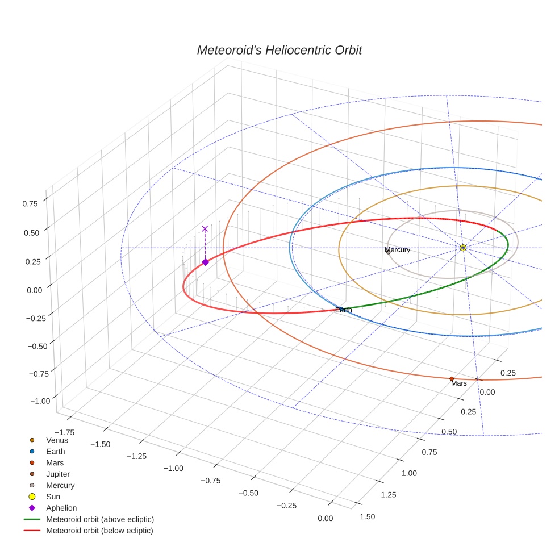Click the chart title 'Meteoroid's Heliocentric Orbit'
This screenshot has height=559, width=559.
(x=279, y=50)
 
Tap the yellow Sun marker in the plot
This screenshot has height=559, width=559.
(x=463, y=248)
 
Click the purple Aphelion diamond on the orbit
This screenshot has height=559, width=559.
(x=205, y=262)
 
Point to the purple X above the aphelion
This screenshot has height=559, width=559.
(x=205, y=228)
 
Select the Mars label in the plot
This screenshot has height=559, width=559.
(x=459, y=384)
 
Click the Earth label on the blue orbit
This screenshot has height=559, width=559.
(x=343, y=310)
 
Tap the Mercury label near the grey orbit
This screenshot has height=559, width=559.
(x=398, y=250)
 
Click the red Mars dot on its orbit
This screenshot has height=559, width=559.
(x=452, y=378)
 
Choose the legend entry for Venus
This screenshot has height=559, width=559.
(x=57, y=440)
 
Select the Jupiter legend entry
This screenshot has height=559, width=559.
(x=59, y=474)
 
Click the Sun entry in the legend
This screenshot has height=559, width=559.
(x=53, y=497)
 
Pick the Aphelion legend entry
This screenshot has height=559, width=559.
(x=61, y=508)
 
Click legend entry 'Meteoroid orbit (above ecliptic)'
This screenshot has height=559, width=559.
(x=100, y=519)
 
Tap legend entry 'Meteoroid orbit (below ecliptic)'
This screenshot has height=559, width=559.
(x=100, y=531)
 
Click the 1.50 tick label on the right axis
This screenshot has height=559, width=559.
(x=368, y=516)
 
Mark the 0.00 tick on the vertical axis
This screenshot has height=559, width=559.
(x=34, y=290)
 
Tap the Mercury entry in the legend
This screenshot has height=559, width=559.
(x=60, y=485)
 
